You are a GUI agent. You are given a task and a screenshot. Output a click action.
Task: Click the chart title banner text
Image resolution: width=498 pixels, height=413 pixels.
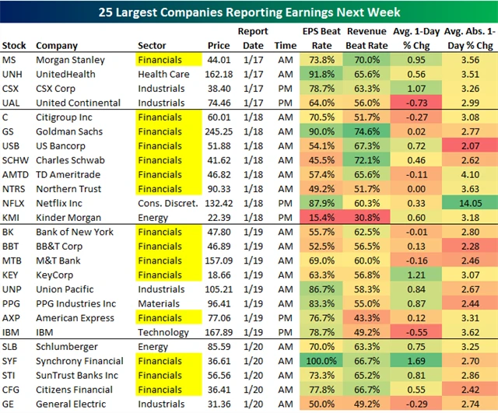tap(249, 12)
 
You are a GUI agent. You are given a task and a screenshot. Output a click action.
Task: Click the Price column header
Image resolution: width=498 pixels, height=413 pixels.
tap(219, 45)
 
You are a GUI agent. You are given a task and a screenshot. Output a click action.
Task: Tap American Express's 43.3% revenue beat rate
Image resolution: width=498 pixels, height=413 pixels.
tap(366, 318)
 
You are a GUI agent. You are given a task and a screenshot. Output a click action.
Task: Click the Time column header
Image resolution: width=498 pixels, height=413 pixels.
tap(285, 45)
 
